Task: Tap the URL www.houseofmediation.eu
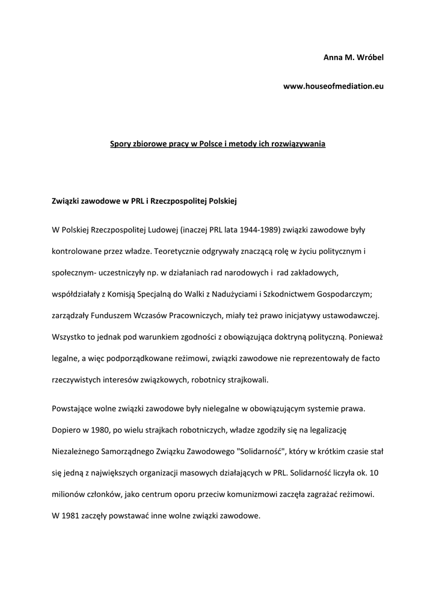coord(333,87)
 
